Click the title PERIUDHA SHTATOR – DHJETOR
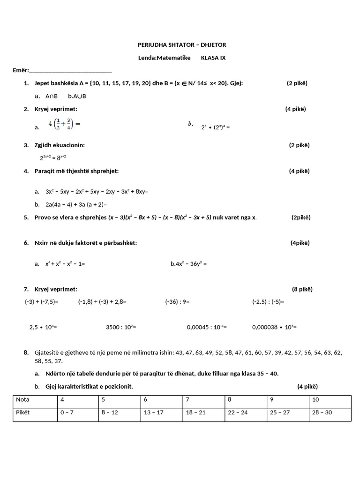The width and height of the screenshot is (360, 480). pyautogui.click(x=181, y=45)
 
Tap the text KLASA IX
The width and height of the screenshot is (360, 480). pyautogui.click(x=213, y=58)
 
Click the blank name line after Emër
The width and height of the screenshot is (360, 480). pyautogui.click(x=70, y=71)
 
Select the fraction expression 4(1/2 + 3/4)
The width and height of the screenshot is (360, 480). pyautogui.click(x=65, y=124)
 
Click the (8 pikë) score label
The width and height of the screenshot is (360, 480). pyautogui.click(x=302, y=289)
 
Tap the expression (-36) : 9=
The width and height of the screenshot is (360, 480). pyautogui.click(x=177, y=302)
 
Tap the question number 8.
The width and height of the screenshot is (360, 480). pyautogui.click(x=26, y=352)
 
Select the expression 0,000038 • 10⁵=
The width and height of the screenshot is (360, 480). pyautogui.click(x=274, y=327)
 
